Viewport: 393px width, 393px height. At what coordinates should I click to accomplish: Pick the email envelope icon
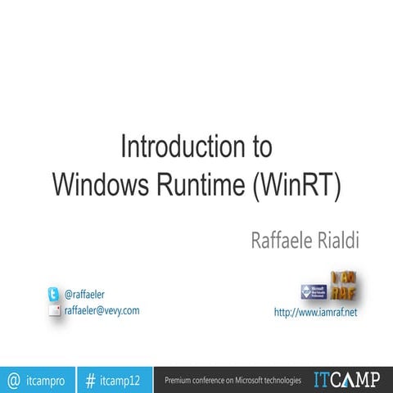[54, 310]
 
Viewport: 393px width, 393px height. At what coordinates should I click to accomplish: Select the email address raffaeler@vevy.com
[102, 310]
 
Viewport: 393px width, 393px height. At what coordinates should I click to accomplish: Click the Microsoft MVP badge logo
[314, 292]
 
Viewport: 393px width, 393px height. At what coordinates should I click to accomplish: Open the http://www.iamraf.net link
[315, 313]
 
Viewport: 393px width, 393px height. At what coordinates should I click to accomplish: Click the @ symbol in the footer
[13, 380]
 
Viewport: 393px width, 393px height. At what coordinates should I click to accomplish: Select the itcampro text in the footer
[46, 381]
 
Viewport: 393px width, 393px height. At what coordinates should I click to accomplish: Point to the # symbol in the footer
[90, 380]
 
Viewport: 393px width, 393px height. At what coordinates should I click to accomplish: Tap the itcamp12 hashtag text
[120, 381]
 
